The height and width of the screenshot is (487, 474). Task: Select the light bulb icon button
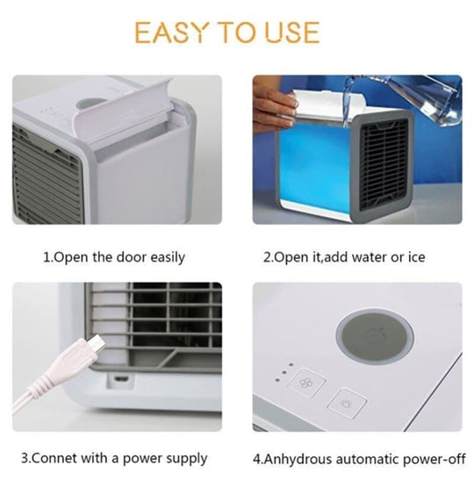[x=345, y=405]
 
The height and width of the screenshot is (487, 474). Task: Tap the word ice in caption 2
[x=416, y=258]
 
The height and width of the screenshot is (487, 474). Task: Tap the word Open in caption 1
[x=71, y=258]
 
